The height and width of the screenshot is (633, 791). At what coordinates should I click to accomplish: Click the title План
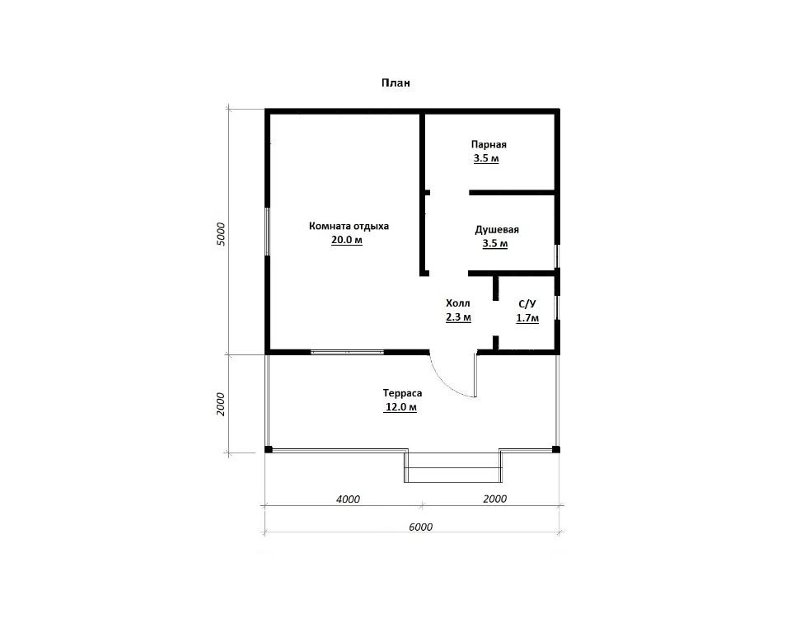(x=395, y=82)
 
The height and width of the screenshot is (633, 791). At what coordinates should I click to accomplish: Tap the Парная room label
(x=489, y=144)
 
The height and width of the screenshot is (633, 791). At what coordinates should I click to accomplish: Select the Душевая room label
(x=497, y=230)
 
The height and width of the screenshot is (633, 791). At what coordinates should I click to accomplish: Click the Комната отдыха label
(x=349, y=226)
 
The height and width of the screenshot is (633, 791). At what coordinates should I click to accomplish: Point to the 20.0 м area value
(x=347, y=240)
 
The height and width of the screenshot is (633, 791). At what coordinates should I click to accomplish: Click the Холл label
(x=458, y=302)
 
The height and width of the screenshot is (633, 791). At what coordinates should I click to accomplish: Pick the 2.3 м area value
(x=459, y=317)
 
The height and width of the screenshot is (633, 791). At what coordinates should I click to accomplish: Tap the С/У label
(x=527, y=304)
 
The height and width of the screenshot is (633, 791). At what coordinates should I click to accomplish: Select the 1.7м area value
(x=527, y=318)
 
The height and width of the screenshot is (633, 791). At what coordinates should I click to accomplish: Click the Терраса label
(x=402, y=393)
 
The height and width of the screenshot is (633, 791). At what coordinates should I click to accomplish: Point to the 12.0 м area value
(x=400, y=407)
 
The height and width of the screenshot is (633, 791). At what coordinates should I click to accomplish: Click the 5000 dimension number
(x=221, y=234)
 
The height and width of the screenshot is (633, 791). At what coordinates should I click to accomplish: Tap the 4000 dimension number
(x=348, y=499)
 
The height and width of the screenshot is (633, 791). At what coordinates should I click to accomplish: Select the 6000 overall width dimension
(x=421, y=527)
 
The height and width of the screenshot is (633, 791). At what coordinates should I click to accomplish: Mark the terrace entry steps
(x=452, y=467)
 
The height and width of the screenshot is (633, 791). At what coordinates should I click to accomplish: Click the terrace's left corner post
(x=269, y=449)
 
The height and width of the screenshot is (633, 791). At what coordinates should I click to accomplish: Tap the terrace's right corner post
(x=556, y=449)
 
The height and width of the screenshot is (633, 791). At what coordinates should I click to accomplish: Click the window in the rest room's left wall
(x=267, y=231)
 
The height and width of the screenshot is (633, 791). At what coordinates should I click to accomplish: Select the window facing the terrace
(x=347, y=352)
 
